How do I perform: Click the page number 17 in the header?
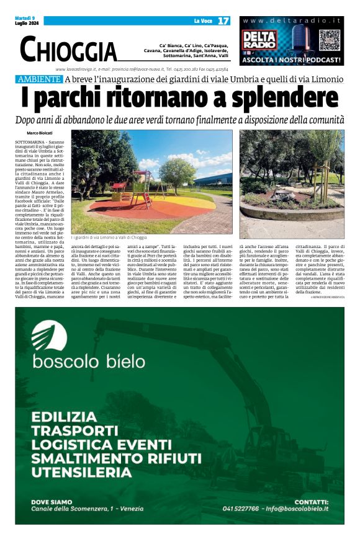[223, 21]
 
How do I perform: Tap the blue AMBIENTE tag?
[39, 79]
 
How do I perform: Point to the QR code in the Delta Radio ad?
[330, 40]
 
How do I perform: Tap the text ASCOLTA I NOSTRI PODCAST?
[291, 60]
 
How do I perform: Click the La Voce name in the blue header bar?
[203, 21]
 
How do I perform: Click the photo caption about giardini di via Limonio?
[109, 237]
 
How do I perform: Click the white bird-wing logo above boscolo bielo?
[49, 334]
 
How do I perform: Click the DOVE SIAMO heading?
[52, 501]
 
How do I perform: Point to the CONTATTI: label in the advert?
[311, 501]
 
